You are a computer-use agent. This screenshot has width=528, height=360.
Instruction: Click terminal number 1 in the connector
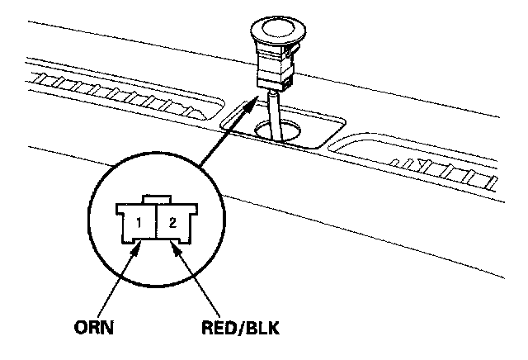[141, 222]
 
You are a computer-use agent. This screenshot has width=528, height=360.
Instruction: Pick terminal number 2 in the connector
[172, 222]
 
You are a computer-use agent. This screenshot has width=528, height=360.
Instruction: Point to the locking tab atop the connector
[157, 200]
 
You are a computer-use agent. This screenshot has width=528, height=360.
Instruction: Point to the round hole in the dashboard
[279, 130]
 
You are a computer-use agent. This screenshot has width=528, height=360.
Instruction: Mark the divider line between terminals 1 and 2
[157, 223]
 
